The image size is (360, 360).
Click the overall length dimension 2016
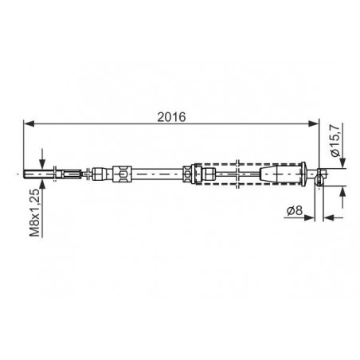click(171, 117)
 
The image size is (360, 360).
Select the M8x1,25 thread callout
click(35, 213)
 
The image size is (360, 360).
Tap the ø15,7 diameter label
click(335, 141)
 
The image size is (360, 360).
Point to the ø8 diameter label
click(295, 210)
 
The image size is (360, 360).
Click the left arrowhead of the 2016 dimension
click(29, 123)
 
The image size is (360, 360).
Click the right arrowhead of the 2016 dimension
click(313, 123)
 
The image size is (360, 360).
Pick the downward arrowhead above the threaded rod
click(42, 163)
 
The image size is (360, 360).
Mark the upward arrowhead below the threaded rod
click(42, 184)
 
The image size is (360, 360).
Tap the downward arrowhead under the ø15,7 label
click(343, 163)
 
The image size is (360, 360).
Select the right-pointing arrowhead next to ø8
click(310, 217)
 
